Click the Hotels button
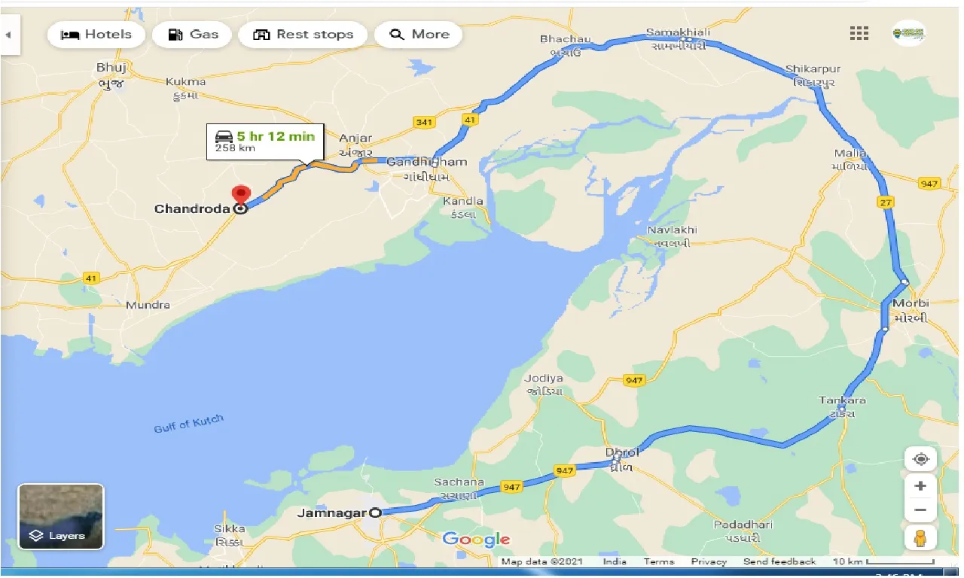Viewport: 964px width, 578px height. [x=96, y=35]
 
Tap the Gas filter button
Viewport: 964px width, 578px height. [x=193, y=35]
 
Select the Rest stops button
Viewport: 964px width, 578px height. [x=303, y=35]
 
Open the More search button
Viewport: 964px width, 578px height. [x=419, y=35]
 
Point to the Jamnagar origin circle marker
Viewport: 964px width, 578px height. [x=376, y=513]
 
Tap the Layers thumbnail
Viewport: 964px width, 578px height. [x=61, y=516]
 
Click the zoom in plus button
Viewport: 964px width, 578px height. [x=920, y=486]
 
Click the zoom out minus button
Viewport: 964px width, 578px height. [x=920, y=510]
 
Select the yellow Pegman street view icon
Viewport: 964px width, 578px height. [x=920, y=538]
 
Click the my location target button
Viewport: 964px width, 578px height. [x=920, y=459]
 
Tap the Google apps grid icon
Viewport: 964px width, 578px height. [x=859, y=33]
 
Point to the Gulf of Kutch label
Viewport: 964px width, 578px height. [x=189, y=424]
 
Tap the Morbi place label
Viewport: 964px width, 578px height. [x=911, y=303]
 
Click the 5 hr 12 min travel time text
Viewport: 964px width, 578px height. [x=276, y=136]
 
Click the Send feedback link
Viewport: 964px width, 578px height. [x=779, y=561]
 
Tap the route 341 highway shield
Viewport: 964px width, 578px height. [x=424, y=122]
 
